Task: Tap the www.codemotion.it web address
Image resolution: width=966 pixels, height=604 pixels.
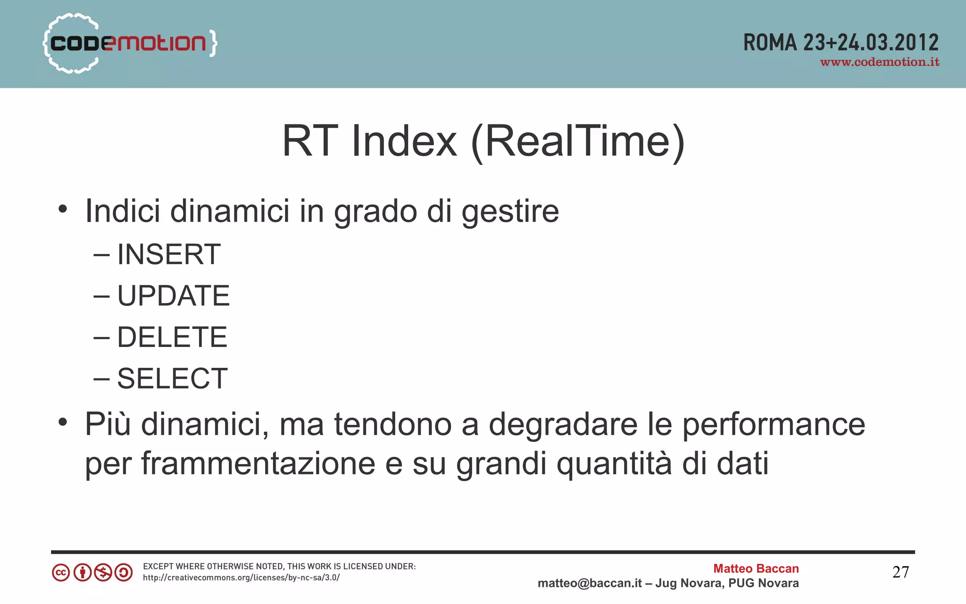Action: [x=880, y=62]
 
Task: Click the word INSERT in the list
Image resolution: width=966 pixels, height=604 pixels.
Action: [x=168, y=255]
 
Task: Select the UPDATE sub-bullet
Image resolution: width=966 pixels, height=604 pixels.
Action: [x=173, y=296]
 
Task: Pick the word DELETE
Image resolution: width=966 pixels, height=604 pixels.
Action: [x=172, y=337]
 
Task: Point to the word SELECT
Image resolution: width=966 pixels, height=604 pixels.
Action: [x=172, y=379]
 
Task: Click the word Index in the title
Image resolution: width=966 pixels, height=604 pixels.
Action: [x=404, y=141]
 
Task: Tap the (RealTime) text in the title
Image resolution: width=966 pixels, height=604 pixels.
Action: [x=578, y=141]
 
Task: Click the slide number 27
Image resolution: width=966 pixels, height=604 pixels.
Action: [x=900, y=572]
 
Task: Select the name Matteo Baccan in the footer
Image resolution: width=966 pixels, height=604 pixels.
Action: [x=756, y=569]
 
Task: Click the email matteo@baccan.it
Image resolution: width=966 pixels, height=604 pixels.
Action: [x=590, y=583]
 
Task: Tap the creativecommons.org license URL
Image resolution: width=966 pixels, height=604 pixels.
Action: [x=241, y=578]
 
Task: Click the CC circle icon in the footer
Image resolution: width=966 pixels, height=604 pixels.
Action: [x=61, y=573]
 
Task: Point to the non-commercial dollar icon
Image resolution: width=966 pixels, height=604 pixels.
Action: [x=103, y=573]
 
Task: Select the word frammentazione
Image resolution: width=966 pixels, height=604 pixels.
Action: [x=258, y=463]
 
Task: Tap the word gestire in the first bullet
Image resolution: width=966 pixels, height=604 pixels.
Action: [x=510, y=211]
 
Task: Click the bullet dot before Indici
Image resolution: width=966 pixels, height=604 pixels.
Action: [x=63, y=209]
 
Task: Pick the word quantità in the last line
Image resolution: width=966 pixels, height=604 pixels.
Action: [x=614, y=463]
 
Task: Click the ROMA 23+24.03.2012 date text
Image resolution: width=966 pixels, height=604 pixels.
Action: [x=841, y=42]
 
